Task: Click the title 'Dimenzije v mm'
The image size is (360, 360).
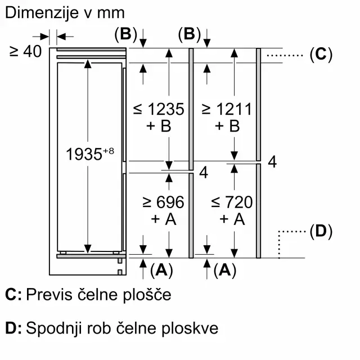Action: (x=65, y=13)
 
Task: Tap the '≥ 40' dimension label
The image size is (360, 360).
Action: (x=25, y=51)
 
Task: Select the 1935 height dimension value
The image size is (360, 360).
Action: (x=84, y=154)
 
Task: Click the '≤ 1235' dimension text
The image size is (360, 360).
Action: (x=159, y=109)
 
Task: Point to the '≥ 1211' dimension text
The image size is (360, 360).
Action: (x=227, y=109)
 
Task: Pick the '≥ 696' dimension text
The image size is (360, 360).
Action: (x=163, y=202)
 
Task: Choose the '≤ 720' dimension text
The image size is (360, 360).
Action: (x=232, y=202)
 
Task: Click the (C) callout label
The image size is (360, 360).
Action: (x=321, y=55)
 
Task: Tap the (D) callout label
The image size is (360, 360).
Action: (x=321, y=231)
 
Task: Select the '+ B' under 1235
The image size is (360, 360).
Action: (x=159, y=126)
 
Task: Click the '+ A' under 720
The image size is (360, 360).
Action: (x=232, y=219)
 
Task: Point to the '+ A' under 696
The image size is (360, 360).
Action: (x=164, y=219)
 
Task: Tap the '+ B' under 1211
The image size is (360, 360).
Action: (x=227, y=126)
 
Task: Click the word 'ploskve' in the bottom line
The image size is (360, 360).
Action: (x=190, y=328)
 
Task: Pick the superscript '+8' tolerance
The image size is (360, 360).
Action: (x=109, y=151)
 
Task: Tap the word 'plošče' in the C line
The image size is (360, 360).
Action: (x=147, y=295)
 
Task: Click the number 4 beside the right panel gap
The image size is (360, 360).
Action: (x=272, y=162)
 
